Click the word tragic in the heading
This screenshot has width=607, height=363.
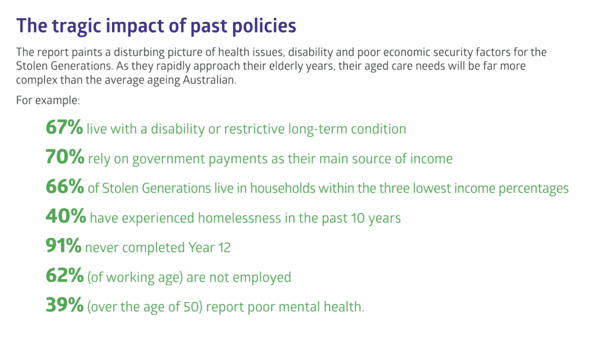click(75, 26)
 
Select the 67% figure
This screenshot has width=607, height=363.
click(64, 127)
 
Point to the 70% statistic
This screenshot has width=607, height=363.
click(65, 157)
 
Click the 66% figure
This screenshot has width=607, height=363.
click(65, 186)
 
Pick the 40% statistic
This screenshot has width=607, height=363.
click(66, 216)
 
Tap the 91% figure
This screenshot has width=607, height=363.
click(63, 246)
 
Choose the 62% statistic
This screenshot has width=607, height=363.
click(65, 275)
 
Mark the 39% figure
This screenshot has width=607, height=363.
click(65, 305)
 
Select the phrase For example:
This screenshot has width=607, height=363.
click(48, 100)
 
